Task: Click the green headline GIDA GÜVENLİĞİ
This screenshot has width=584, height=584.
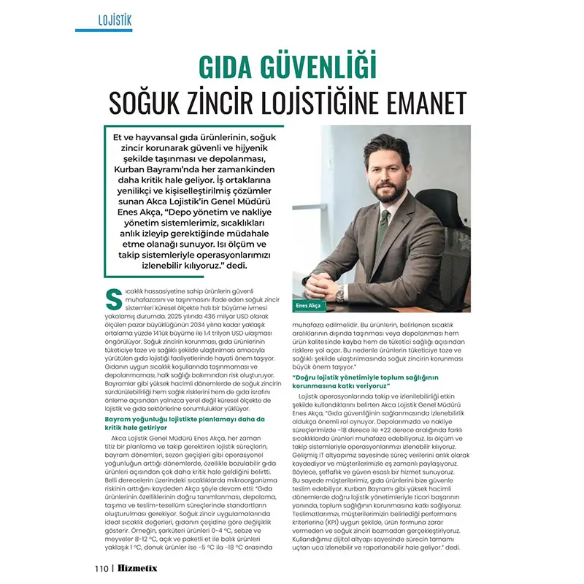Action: [289, 67]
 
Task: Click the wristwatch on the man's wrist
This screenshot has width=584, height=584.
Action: [339, 291]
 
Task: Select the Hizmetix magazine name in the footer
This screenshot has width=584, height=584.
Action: [138, 568]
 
